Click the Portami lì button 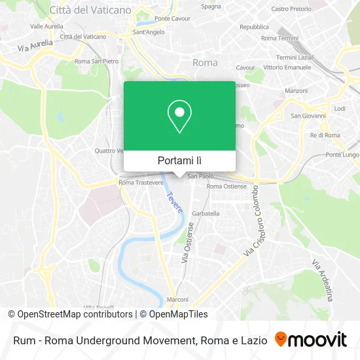tap(179, 160)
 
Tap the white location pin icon tap(179, 117)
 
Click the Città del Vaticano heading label tap(90, 10)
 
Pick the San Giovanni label tap(308, 116)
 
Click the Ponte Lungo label tap(342, 154)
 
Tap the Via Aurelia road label tap(33, 45)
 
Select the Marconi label tap(177, 300)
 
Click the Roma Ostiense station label tap(226, 187)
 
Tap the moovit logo tap(311, 340)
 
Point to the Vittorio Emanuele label tap(293, 67)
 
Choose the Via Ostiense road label tap(188, 243)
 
